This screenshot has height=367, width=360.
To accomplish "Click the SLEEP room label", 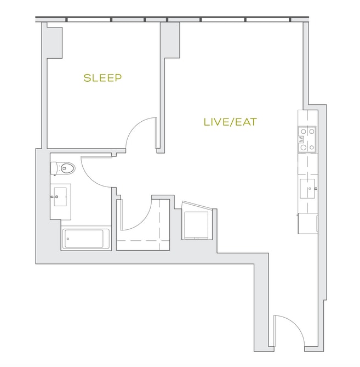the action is (x=102, y=78).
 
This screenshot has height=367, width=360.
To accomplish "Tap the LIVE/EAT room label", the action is (x=230, y=122).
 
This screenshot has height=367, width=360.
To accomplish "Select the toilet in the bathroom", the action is (x=63, y=168).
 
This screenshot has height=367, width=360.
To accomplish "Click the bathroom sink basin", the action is (x=60, y=196).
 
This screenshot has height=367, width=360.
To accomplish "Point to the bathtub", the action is (x=86, y=239).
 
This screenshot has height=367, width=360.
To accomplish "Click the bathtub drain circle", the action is (x=68, y=239).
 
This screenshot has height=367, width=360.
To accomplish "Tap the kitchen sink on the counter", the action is (x=307, y=189).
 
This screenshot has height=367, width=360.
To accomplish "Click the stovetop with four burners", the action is (x=307, y=139).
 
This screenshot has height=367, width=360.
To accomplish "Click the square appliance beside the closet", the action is (x=196, y=225).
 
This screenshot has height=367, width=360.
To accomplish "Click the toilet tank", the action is (x=54, y=168).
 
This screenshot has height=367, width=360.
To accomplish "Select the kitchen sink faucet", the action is (x=316, y=188).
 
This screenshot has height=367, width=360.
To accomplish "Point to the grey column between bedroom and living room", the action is (x=170, y=40).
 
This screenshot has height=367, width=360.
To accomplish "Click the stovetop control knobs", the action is (x=301, y=140).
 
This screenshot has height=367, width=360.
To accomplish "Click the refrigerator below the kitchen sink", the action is (x=307, y=223).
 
